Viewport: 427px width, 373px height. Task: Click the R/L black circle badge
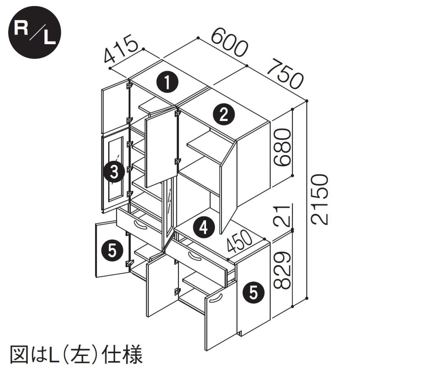(x=35, y=34)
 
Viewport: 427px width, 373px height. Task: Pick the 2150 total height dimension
(x=318, y=199)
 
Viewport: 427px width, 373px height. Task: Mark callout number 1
(x=167, y=82)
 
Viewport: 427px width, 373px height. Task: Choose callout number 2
(x=223, y=115)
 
